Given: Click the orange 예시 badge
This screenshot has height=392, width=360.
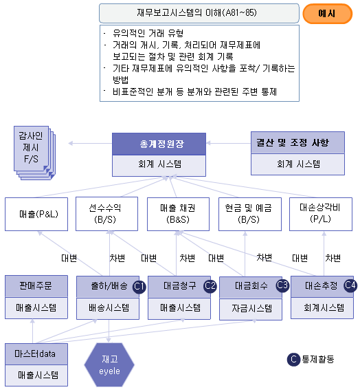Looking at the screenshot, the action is [x=327, y=14].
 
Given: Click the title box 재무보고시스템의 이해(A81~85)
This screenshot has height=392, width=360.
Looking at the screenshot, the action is [x=199, y=13].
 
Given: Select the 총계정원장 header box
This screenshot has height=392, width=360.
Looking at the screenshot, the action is [x=159, y=144].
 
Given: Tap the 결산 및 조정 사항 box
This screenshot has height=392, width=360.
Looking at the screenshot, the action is [x=297, y=142].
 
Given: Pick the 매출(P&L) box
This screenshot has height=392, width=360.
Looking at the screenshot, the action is [x=36, y=214].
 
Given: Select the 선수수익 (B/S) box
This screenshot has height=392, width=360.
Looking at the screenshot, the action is [x=107, y=214].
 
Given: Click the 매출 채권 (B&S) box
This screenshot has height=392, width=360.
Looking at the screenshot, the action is [x=178, y=214].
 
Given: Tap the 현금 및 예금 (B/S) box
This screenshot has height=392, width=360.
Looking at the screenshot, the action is [x=250, y=214].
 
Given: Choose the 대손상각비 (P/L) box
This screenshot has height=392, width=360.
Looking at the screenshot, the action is [x=321, y=214].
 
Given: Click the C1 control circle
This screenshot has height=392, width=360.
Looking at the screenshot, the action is [x=139, y=286].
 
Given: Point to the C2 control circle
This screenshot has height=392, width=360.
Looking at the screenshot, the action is [x=210, y=285].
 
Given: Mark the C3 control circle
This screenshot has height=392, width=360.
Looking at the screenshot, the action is [x=282, y=285].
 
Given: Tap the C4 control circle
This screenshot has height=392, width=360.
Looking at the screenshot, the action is [x=350, y=285].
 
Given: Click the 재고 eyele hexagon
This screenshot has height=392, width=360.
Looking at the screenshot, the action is [x=109, y=365].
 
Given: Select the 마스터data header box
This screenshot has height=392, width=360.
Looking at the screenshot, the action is [x=36, y=354].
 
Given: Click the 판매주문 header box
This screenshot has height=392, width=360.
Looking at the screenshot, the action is [x=36, y=286].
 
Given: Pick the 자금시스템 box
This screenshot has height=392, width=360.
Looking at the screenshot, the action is [x=251, y=309].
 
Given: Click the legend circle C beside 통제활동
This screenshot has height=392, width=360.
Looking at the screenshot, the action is [x=293, y=360].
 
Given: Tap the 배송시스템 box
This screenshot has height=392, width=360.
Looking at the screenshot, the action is [x=108, y=308].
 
